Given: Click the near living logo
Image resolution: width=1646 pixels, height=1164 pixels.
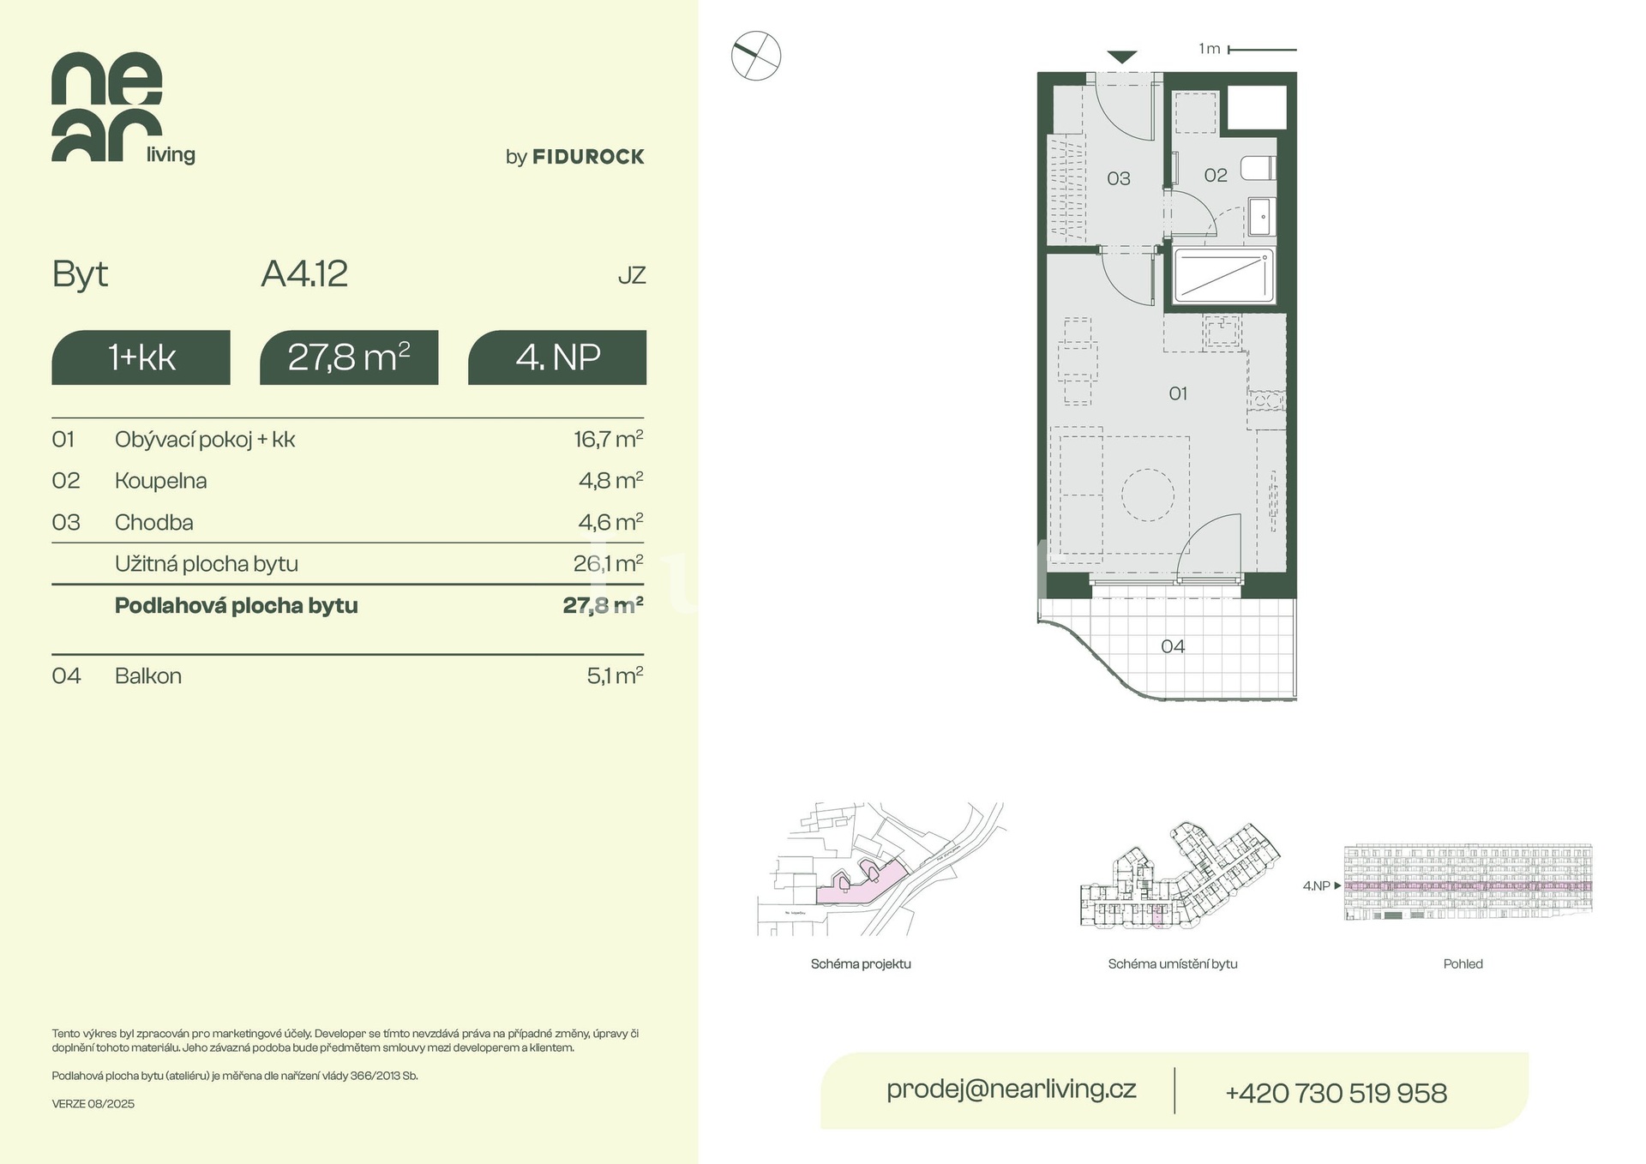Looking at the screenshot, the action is [x=123, y=107].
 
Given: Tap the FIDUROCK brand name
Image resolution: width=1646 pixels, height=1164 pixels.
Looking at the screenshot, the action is [x=588, y=157].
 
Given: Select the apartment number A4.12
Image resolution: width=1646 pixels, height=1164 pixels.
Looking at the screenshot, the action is [x=304, y=274].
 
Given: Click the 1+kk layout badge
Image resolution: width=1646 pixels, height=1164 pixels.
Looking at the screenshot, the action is [x=141, y=357].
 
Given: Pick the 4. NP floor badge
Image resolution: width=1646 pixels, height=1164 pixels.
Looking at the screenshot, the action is [x=557, y=357].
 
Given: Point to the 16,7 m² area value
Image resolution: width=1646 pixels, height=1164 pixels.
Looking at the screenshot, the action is [x=609, y=439].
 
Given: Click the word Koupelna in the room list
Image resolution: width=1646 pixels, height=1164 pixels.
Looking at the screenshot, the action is [x=161, y=481].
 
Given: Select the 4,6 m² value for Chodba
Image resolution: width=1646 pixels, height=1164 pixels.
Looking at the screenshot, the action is [x=610, y=522].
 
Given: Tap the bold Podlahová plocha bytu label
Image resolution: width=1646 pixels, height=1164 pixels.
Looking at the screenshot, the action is [x=237, y=606].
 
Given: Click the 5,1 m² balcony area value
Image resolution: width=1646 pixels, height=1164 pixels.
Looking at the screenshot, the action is [x=615, y=675].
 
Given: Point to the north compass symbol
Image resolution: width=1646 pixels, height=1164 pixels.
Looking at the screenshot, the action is [x=756, y=57].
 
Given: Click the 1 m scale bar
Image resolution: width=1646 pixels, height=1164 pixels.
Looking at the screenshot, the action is [x=1262, y=50].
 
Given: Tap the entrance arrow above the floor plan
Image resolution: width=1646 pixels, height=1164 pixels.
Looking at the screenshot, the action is [x=1122, y=57].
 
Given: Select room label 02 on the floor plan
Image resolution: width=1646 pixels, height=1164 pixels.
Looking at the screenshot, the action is [x=1216, y=176].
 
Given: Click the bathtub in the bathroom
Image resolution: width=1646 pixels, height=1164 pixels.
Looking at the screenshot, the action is [x=1222, y=275].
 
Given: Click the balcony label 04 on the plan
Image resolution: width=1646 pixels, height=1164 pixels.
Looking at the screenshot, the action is [x=1173, y=646].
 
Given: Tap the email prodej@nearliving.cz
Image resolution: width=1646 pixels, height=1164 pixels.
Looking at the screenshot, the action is [x=1012, y=1089].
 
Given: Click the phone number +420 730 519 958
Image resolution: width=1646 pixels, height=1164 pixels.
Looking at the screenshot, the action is [x=1336, y=1093].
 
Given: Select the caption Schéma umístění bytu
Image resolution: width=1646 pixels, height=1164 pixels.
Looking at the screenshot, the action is [x=1173, y=964].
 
